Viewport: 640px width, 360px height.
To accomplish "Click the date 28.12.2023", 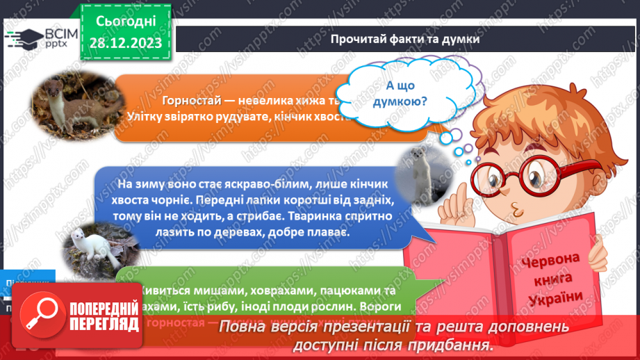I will [126, 42].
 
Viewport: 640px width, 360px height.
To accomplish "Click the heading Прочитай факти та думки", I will [405, 40].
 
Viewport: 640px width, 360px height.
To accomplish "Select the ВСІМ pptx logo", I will [40, 39].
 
